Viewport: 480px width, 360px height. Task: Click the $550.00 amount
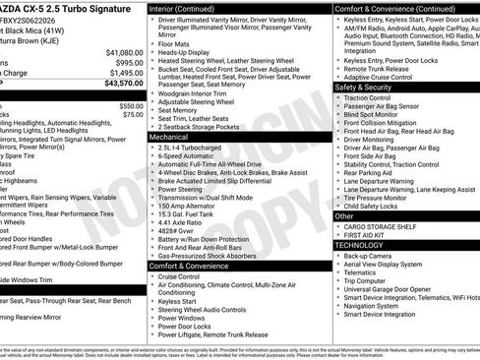(131, 105)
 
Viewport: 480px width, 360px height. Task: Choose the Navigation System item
(379, 306)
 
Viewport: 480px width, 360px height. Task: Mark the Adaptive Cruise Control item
(383, 76)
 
